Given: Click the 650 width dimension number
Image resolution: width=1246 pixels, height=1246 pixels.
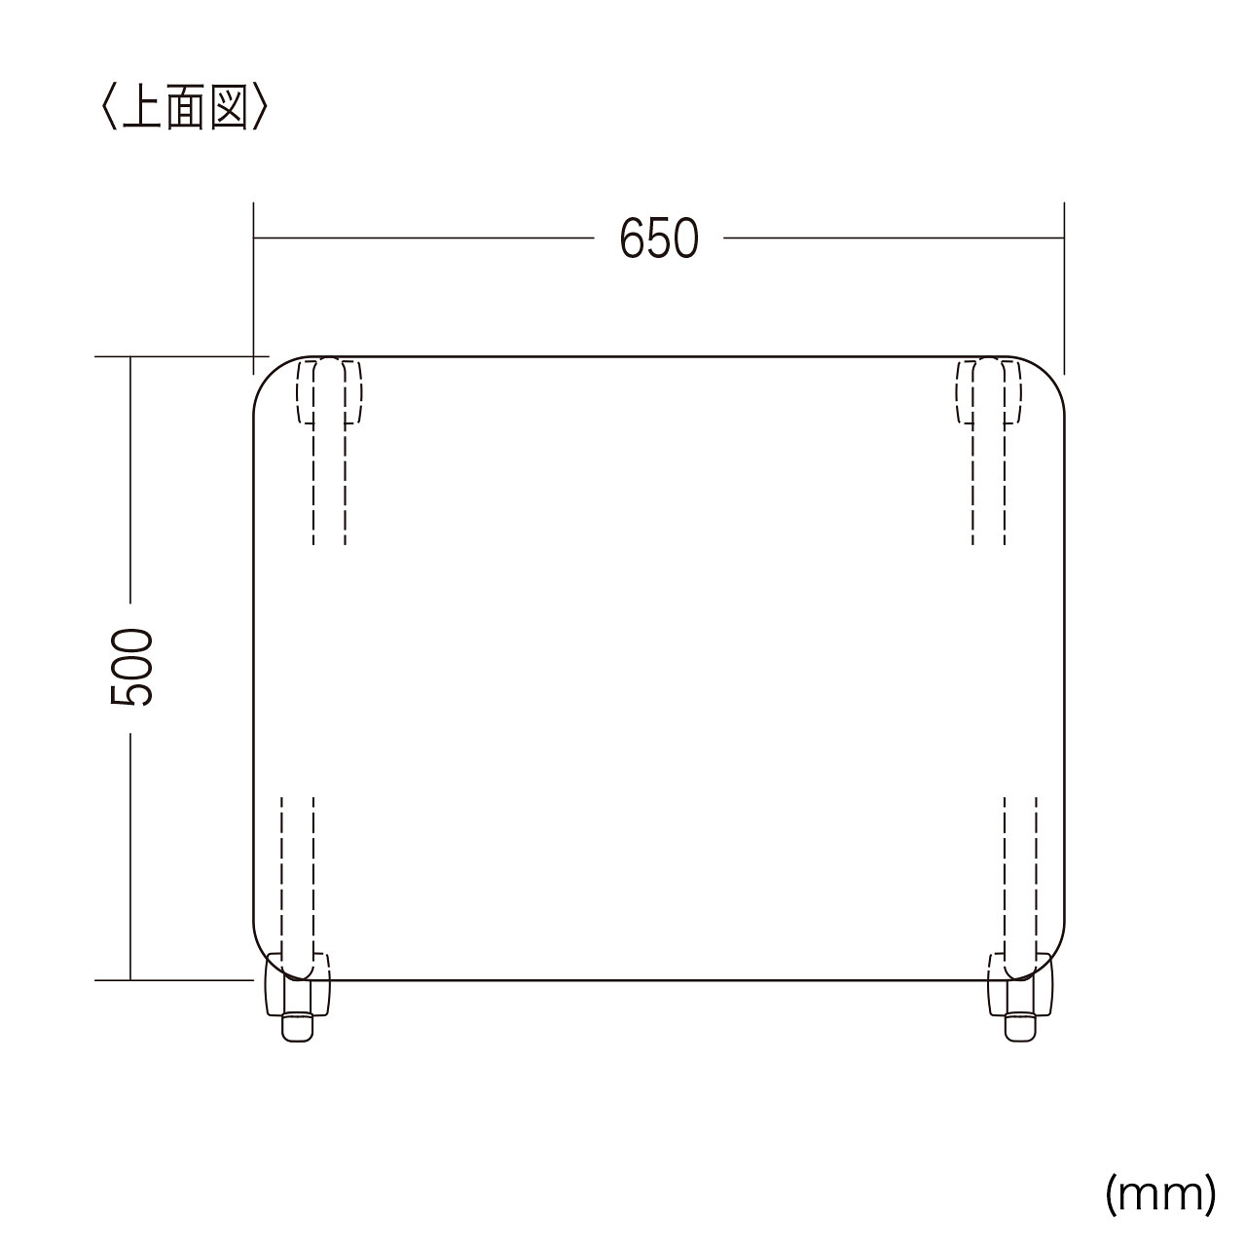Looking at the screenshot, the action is (659, 238).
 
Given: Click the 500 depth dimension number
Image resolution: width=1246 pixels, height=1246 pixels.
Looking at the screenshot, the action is (132, 668).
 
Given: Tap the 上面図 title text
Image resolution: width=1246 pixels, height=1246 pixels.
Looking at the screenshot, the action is (185, 107).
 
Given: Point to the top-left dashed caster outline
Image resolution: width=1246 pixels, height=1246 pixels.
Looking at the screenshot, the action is (330, 392).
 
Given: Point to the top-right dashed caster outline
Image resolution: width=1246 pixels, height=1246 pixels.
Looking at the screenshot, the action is (989, 392).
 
